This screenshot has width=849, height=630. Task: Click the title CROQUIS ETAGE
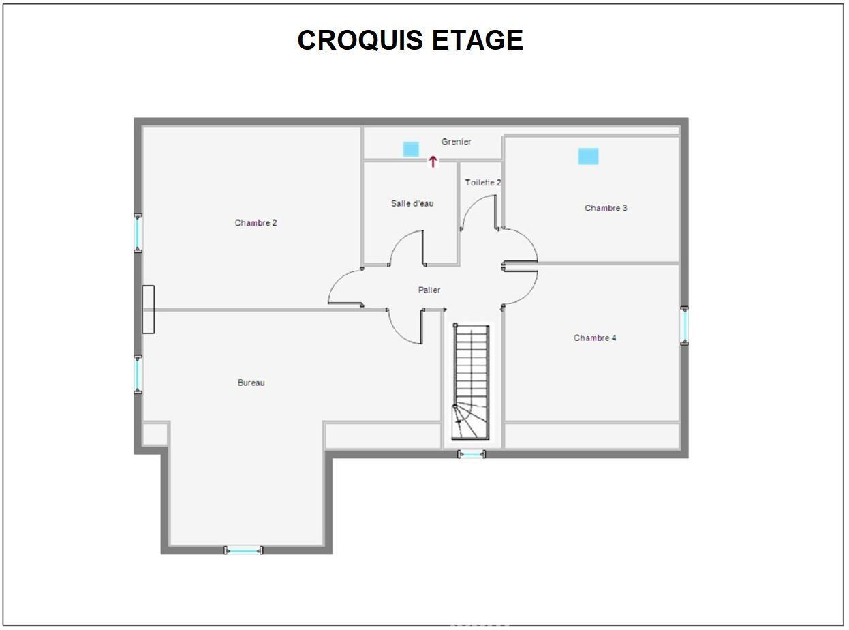point(410,40)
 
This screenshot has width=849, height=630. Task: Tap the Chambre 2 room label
point(256,223)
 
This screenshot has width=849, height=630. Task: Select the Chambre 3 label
point(606,208)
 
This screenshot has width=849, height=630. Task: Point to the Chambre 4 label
point(595,337)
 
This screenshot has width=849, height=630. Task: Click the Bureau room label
point(251,382)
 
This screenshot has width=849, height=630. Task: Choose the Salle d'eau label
point(412,203)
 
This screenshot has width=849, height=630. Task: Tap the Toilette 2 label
point(483,183)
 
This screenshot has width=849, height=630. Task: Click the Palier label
point(429,290)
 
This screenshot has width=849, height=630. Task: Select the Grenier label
point(456,142)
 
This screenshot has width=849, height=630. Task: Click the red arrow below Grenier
point(433,162)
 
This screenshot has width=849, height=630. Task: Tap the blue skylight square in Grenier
point(411,149)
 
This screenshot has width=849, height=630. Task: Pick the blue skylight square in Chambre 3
point(588,156)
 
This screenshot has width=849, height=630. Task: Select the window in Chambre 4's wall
point(684,325)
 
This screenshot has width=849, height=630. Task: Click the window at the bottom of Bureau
point(243,551)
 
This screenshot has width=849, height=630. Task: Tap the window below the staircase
point(472,454)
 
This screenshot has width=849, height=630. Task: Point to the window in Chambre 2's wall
point(138,233)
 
